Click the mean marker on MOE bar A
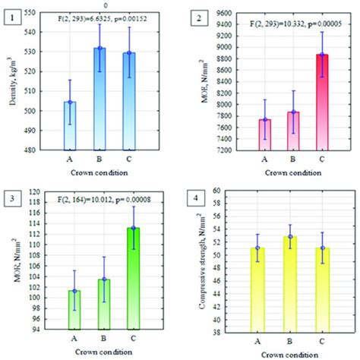(264, 120)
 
